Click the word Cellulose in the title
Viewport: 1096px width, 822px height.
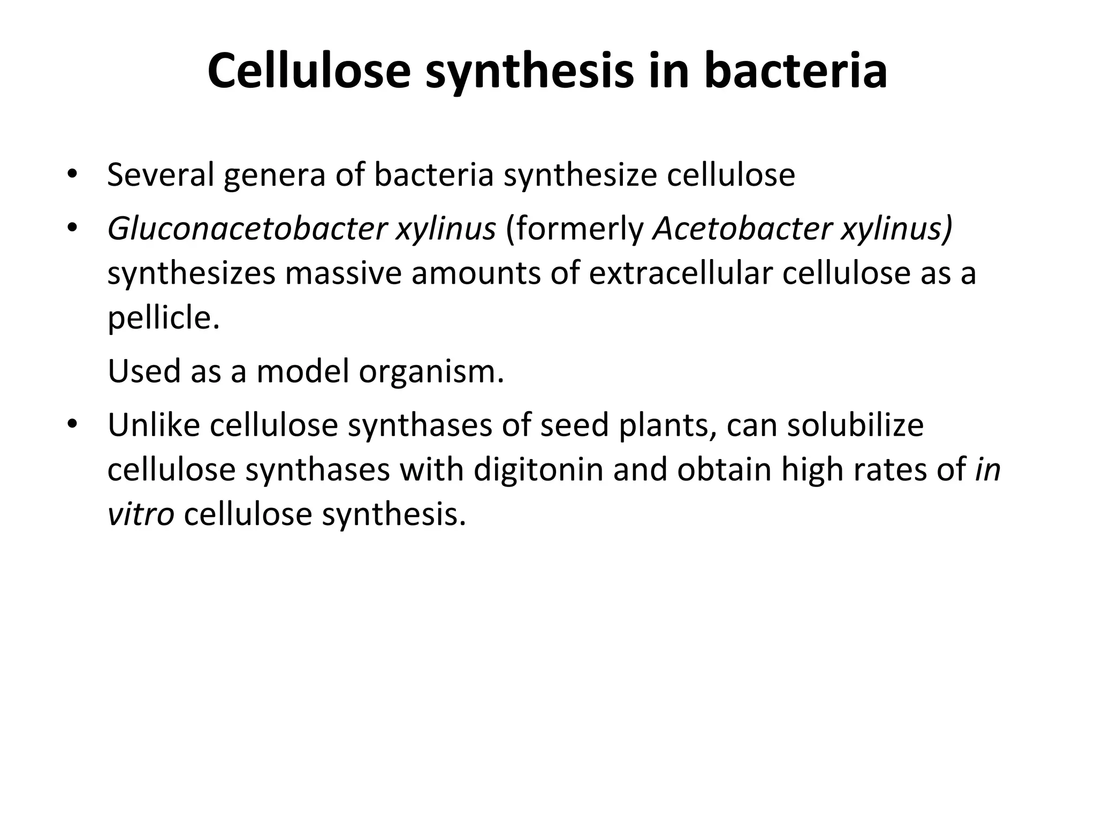pyautogui.click(x=309, y=71)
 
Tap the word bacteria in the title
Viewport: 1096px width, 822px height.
pyautogui.click(x=796, y=71)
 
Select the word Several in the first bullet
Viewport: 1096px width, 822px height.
pyautogui.click(x=161, y=174)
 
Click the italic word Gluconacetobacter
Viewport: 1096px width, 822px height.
pyautogui.click(x=247, y=230)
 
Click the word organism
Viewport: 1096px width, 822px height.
pyautogui.click(x=431, y=371)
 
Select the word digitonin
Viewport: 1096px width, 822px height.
pyautogui.click(x=538, y=470)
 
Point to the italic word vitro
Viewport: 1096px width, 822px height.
pyautogui.click(x=141, y=514)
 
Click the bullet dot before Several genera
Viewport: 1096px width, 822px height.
pyautogui.click(x=72, y=174)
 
